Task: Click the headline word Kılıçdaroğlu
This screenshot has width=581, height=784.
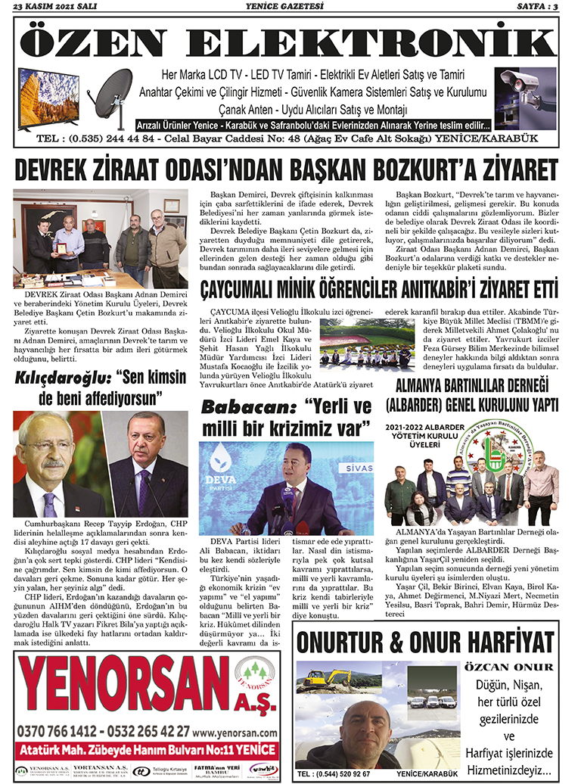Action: pos(57,375)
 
